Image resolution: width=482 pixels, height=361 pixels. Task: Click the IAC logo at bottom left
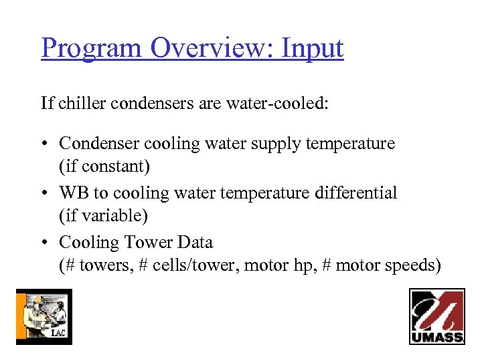(x=44, y=317)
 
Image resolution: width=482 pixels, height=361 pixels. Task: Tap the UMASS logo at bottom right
(x=437, y=316)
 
